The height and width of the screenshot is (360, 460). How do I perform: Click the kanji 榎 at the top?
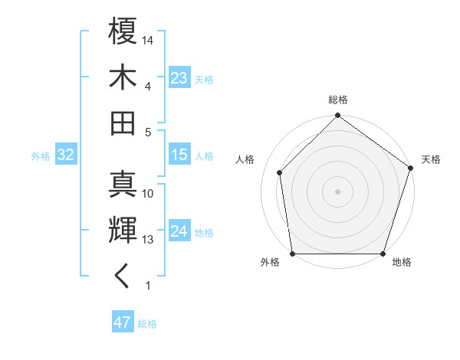(x=123, y=31)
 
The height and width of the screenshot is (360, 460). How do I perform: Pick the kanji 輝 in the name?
(x=123, y=229)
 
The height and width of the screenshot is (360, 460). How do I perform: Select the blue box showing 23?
(x=179, y=78)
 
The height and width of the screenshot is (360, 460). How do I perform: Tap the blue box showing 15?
(x=179, y=155)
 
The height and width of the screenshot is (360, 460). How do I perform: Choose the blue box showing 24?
(x=179, y=231)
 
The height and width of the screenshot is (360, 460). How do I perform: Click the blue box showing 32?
(x=65, y=155)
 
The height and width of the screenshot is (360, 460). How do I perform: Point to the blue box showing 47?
(x=122, y=322)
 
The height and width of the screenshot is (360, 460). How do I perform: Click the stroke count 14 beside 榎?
(x=149, y=40)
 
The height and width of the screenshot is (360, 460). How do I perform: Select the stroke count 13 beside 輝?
(x=149, y=240)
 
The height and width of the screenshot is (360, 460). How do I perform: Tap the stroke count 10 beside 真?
(x=149, y=194)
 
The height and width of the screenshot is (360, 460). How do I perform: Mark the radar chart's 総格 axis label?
(x=338, y=100)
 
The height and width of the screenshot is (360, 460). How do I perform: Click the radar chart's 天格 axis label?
(x=431, y=159)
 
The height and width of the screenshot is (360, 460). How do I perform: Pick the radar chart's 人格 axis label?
(x=245, y=159)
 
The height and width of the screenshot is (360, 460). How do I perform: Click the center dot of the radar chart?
(x=338, y=191)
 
